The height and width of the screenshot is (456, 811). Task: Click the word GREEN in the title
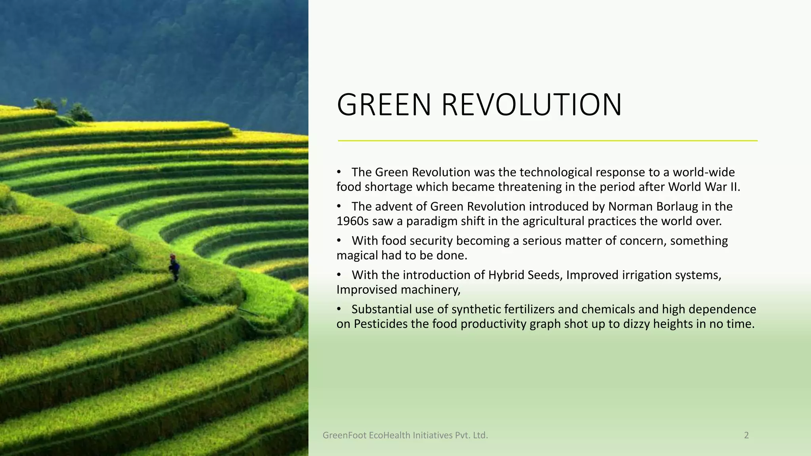tap(383, 105)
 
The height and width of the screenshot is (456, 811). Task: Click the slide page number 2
tap(746, 435)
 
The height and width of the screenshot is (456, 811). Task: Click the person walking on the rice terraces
tap(174, 268)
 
